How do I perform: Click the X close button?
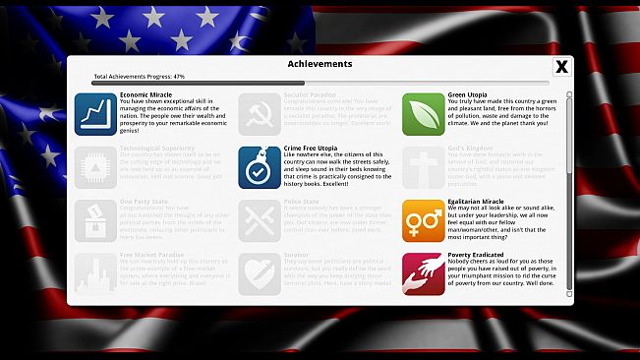(x=561, y=67)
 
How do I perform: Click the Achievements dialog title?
(x=320, y=64)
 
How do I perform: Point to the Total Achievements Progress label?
(x=139, y=76)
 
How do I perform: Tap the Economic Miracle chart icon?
(x=95, y=114)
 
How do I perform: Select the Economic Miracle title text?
(x=145, y=95)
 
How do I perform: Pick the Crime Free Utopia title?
(x=313, y=149)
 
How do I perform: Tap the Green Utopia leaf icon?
(x=424, y=114)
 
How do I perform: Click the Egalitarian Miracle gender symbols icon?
(x=424, y=220)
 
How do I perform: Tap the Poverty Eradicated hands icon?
(x=424, y=274)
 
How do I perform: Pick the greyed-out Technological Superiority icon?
(x=95, y=167)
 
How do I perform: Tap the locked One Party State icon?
(x=95, y=220)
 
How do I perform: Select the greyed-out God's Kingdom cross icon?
(x=424, y=167)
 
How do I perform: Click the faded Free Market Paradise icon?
(x=95, y=274)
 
